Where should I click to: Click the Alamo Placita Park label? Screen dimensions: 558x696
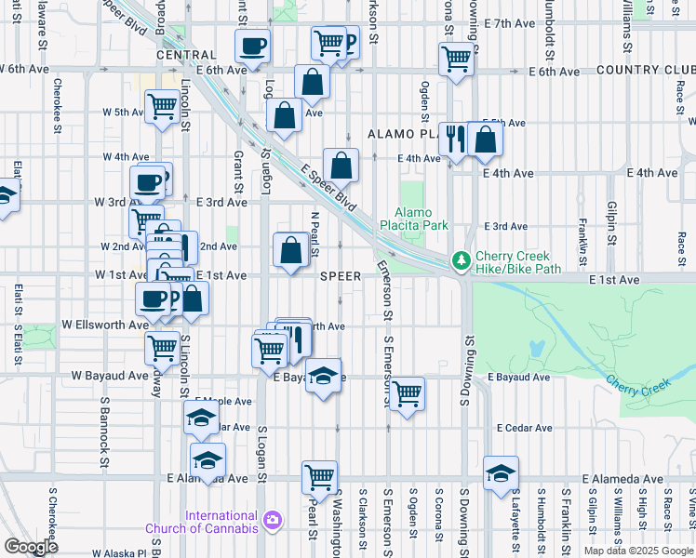[x=414, y=219]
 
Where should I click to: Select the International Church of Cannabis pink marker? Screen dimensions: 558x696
[x=272, y=519]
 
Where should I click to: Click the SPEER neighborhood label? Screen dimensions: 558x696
[x=340, y=276]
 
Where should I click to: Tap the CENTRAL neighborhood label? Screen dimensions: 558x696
[x=186, y=55]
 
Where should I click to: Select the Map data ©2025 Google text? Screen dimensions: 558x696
[x=637, y=551]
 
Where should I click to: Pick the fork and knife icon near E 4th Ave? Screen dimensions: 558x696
[x=455, y=139]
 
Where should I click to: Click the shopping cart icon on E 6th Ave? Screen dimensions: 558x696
[x=456, y=58]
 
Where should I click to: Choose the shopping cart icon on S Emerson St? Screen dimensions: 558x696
[x=407, y=393]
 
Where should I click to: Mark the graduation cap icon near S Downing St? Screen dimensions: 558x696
[x=501, y=473]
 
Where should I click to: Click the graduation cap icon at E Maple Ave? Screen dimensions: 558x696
[x=200, y=419]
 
